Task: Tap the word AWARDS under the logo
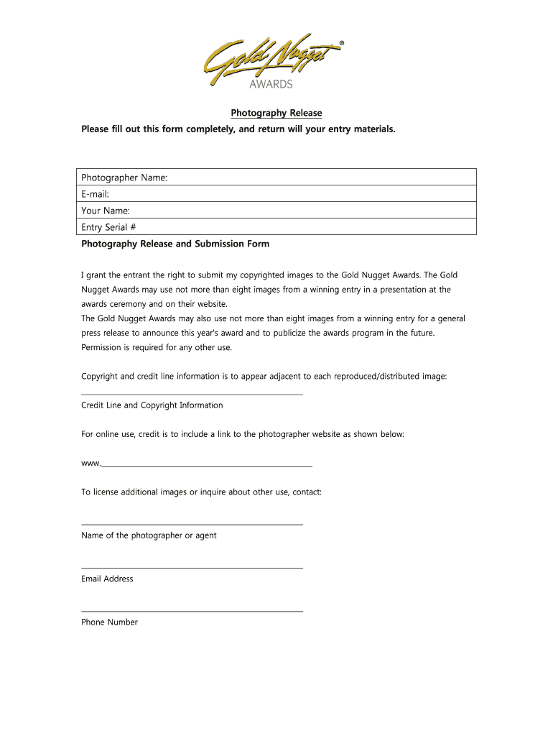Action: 271,84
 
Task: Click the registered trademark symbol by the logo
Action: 340,44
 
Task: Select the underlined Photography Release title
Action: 276,113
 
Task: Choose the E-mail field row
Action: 277,194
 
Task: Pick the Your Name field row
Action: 277,211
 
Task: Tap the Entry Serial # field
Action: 277,227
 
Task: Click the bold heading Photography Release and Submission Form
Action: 175,244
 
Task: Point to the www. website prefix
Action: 90,463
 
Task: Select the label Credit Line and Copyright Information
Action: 152,405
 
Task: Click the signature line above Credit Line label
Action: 192,394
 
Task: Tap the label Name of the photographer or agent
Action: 149,535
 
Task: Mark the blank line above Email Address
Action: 192,568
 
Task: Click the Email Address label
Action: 107,579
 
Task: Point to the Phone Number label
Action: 109,622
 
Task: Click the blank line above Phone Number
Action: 192,612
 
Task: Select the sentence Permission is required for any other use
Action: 157,348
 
